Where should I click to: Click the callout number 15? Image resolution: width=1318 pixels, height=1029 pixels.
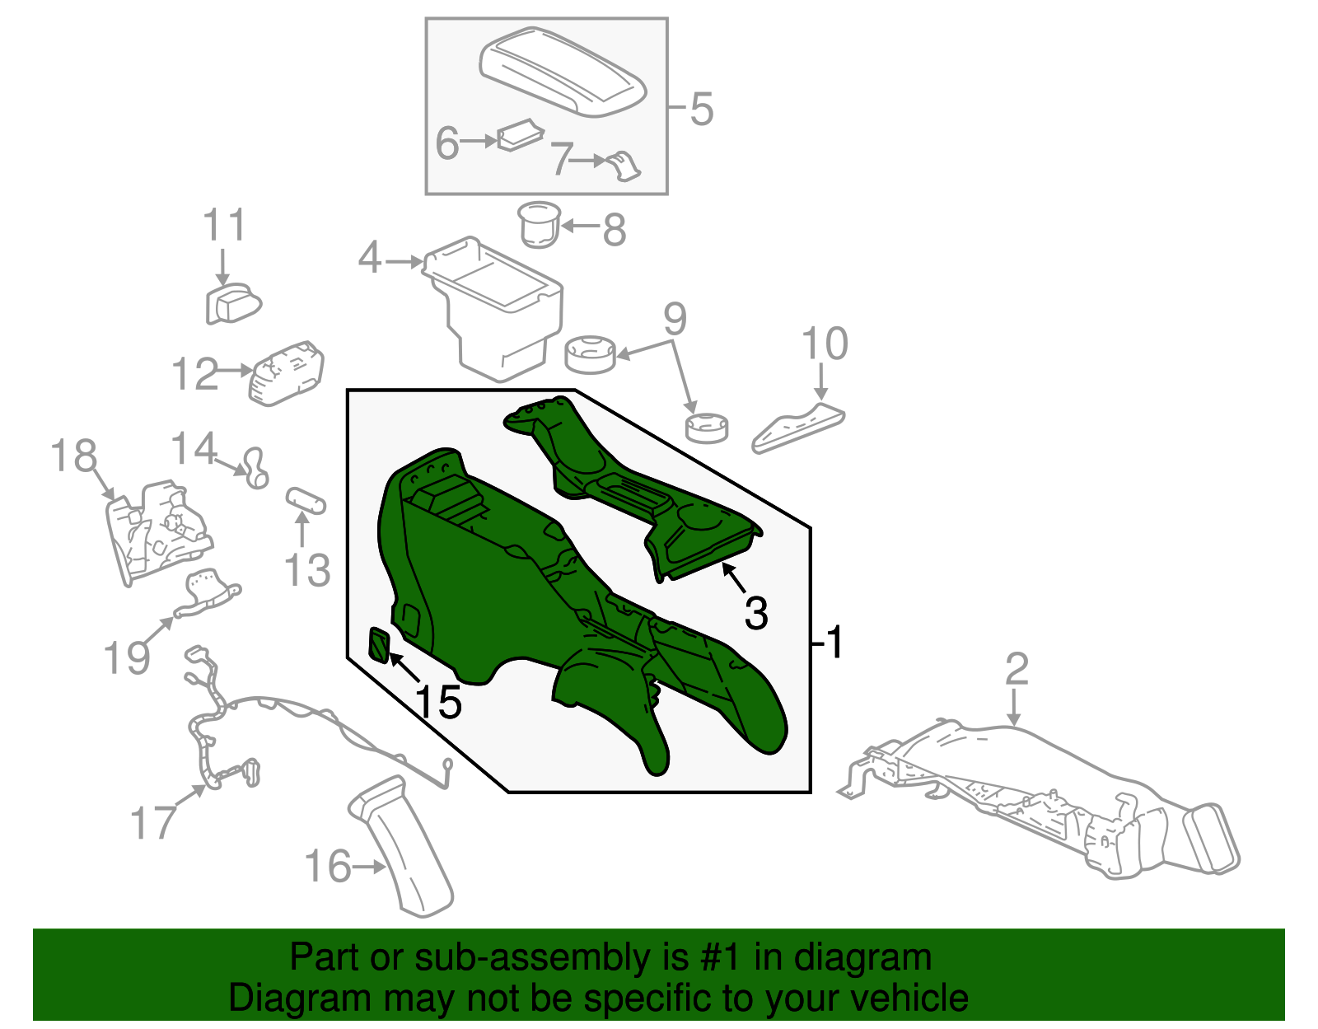click(437, 701)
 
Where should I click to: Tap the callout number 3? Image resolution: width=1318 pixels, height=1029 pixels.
click(755, 613)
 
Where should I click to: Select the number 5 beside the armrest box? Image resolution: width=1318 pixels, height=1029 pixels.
click(702, 109)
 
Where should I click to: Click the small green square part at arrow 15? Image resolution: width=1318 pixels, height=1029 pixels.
click(380, 644)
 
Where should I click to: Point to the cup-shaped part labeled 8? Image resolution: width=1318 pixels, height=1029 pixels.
click(539, 224)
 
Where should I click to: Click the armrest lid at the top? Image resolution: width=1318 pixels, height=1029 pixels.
click(563, 72)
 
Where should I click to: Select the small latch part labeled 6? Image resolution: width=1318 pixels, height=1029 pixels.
click(520, 134)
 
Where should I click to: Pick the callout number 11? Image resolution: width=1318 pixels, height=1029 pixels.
click(224, 225)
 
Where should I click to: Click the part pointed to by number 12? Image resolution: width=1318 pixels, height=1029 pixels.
click(287, 373)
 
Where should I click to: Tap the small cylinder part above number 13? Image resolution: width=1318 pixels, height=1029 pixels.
click(306, 500)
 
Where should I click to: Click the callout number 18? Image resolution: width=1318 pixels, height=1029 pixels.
click(73, 456)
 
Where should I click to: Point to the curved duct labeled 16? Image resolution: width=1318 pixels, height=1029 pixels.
click(401, 846)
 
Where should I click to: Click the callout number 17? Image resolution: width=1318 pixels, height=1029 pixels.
click(153, 822)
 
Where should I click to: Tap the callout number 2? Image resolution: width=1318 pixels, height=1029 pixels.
click(1017, 669)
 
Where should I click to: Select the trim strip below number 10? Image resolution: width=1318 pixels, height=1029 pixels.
click(797, 428)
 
